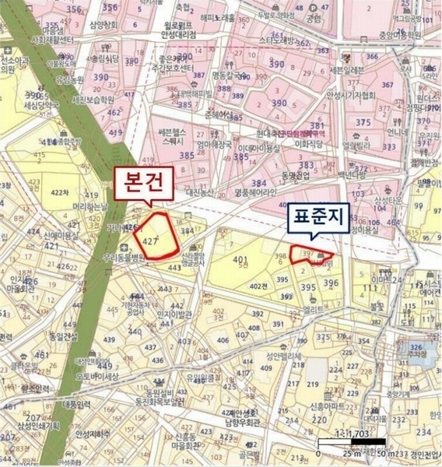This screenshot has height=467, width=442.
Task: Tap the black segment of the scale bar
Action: pos(366,441)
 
